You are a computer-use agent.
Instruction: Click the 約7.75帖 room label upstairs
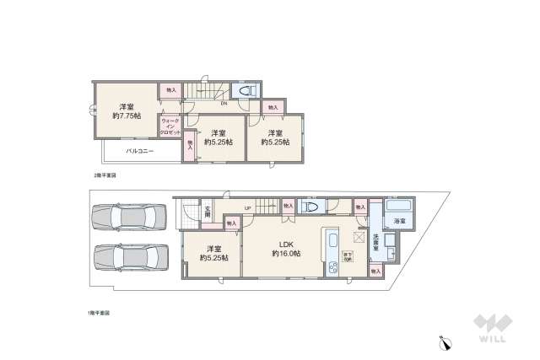pyautogui.click(x=127, y=111)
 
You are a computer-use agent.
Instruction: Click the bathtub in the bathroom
pyautogui.click(x=395, y=207)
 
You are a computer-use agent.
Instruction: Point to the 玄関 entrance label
pyautogui.click(x=207, y=212)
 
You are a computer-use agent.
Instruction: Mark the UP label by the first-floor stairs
pyautogui.click(x=247, y=208)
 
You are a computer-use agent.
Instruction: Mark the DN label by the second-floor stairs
pyautogui.click(x=222, y=103)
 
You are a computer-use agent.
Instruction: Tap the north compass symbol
pyautogui.click(x=445, y=342)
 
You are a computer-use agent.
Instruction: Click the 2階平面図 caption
pyautogui.click(x=105, y=175)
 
